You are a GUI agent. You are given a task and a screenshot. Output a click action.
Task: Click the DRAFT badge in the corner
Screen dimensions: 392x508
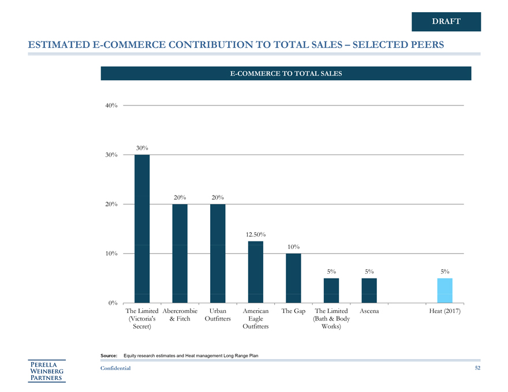tap(446, 21)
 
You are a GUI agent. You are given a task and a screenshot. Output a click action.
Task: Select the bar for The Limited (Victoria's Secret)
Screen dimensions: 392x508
tap(142, 228)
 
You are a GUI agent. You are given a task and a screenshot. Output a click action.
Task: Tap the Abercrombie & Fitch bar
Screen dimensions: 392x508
tap(180, 253)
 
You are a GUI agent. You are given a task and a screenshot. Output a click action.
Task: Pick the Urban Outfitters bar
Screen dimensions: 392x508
tap(218, 253)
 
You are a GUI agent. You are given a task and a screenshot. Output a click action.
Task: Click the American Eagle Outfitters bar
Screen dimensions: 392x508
tap(256, 272)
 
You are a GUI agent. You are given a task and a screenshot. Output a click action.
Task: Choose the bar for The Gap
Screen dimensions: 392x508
tap(293, 278)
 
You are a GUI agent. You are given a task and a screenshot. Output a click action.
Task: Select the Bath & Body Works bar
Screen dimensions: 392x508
tap(331, 290)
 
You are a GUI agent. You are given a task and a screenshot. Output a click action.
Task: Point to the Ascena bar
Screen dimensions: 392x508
tap(369, 290)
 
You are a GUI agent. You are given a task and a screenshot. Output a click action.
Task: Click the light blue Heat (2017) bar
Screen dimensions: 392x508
tap(444, 290)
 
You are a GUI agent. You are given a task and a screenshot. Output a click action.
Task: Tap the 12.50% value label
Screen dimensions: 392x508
tap(255, 235)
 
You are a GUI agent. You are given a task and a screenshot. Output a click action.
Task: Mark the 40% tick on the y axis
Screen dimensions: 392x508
tap(112, 105)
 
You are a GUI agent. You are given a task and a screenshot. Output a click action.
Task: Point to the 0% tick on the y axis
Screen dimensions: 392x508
tap(113, 303)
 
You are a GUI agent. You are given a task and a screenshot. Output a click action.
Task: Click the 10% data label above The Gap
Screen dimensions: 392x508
tap(293, 247)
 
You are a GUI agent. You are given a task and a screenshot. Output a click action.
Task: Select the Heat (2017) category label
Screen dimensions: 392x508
tap(444, 311)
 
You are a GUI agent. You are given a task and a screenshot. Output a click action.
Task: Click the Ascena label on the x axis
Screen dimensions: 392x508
tap(369, 311)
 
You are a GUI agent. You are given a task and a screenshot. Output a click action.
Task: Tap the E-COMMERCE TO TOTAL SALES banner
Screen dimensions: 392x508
tap(286, 73)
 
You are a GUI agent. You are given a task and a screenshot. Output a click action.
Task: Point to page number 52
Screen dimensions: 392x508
tap(477, 368)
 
